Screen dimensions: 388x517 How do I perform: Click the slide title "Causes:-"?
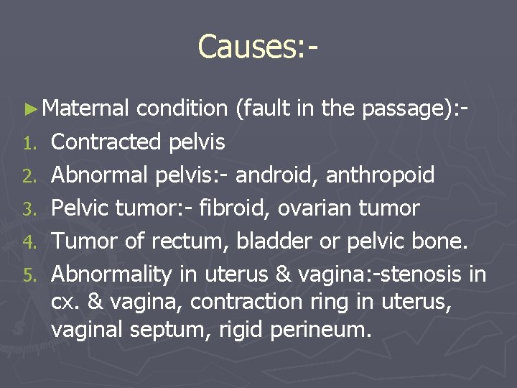pyautogui.click(x=258, y=47)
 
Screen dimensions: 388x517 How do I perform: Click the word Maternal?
pyautogui.click(x=85, y=108)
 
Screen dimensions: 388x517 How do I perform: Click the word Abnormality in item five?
pyautogui.click(x=111, y=274)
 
